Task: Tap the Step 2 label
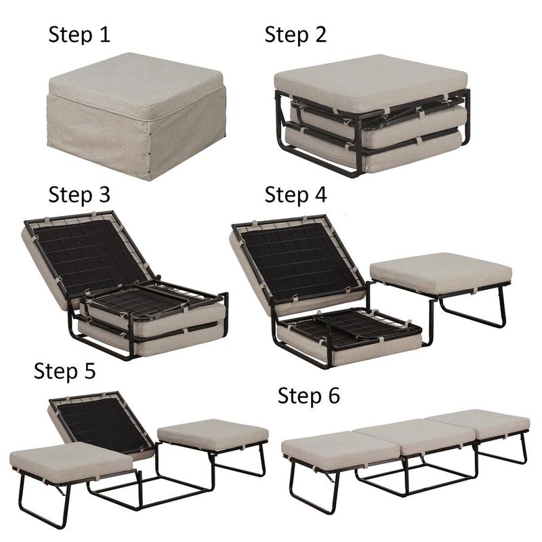point(295,34)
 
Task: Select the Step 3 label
point(79,194)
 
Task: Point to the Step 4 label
point(295,194)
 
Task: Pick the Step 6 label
point(309,396)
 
